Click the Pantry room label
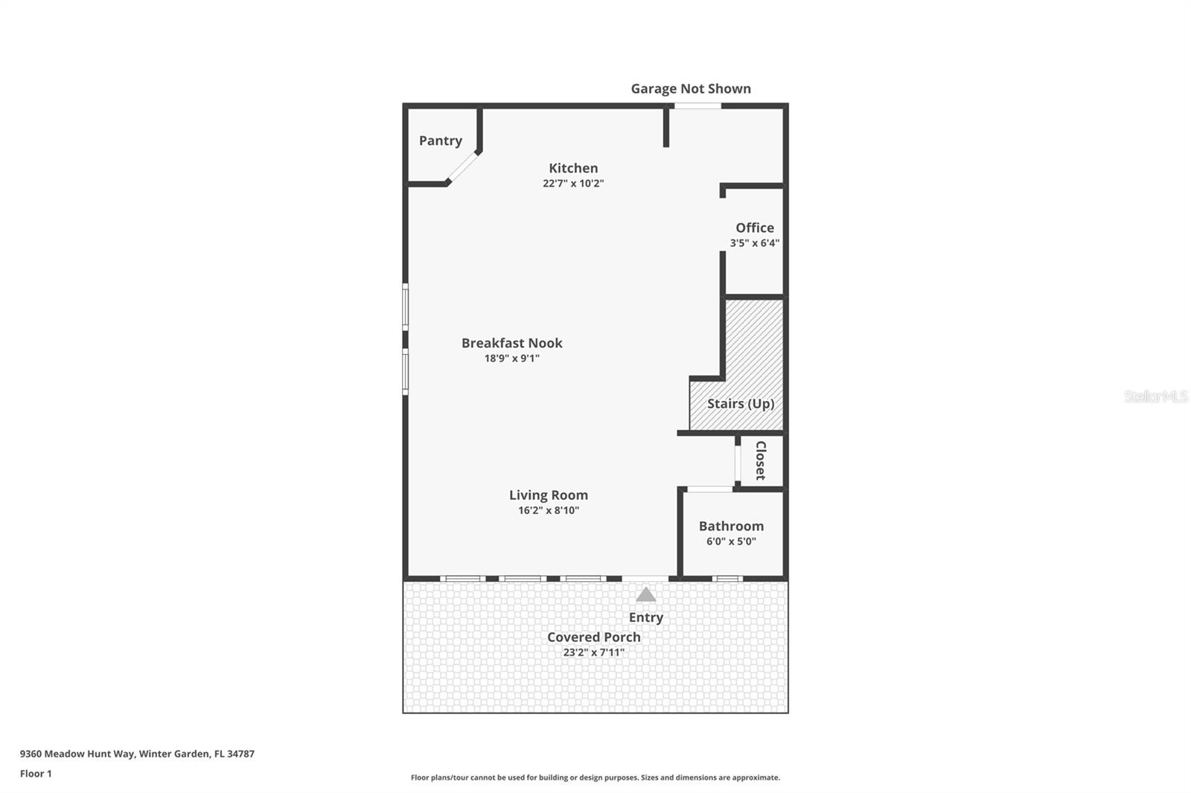(x=440, y=141)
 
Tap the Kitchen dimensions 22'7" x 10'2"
(x=572, y=184)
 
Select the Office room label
(x=755, y=228)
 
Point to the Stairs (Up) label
(x=740, y=403)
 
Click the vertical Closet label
(x=760, y=460)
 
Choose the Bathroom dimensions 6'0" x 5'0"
(x=731, y=542)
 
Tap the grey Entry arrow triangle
(x=645, y=594)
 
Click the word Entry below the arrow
(x=645, y=617)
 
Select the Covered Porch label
(x=593, y=638)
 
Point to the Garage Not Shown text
(x=690, y=89)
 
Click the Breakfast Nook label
(x=511, y=343)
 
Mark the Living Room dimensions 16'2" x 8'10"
(x=549, y=510)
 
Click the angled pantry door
(x=463, y=167)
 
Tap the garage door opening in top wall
(x=697, y=106)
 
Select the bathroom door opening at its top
(x=709, y=489)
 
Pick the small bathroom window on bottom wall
(x=727, y=578)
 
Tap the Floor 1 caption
(x=36, y=774)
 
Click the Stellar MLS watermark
(x=1155, y=396)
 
